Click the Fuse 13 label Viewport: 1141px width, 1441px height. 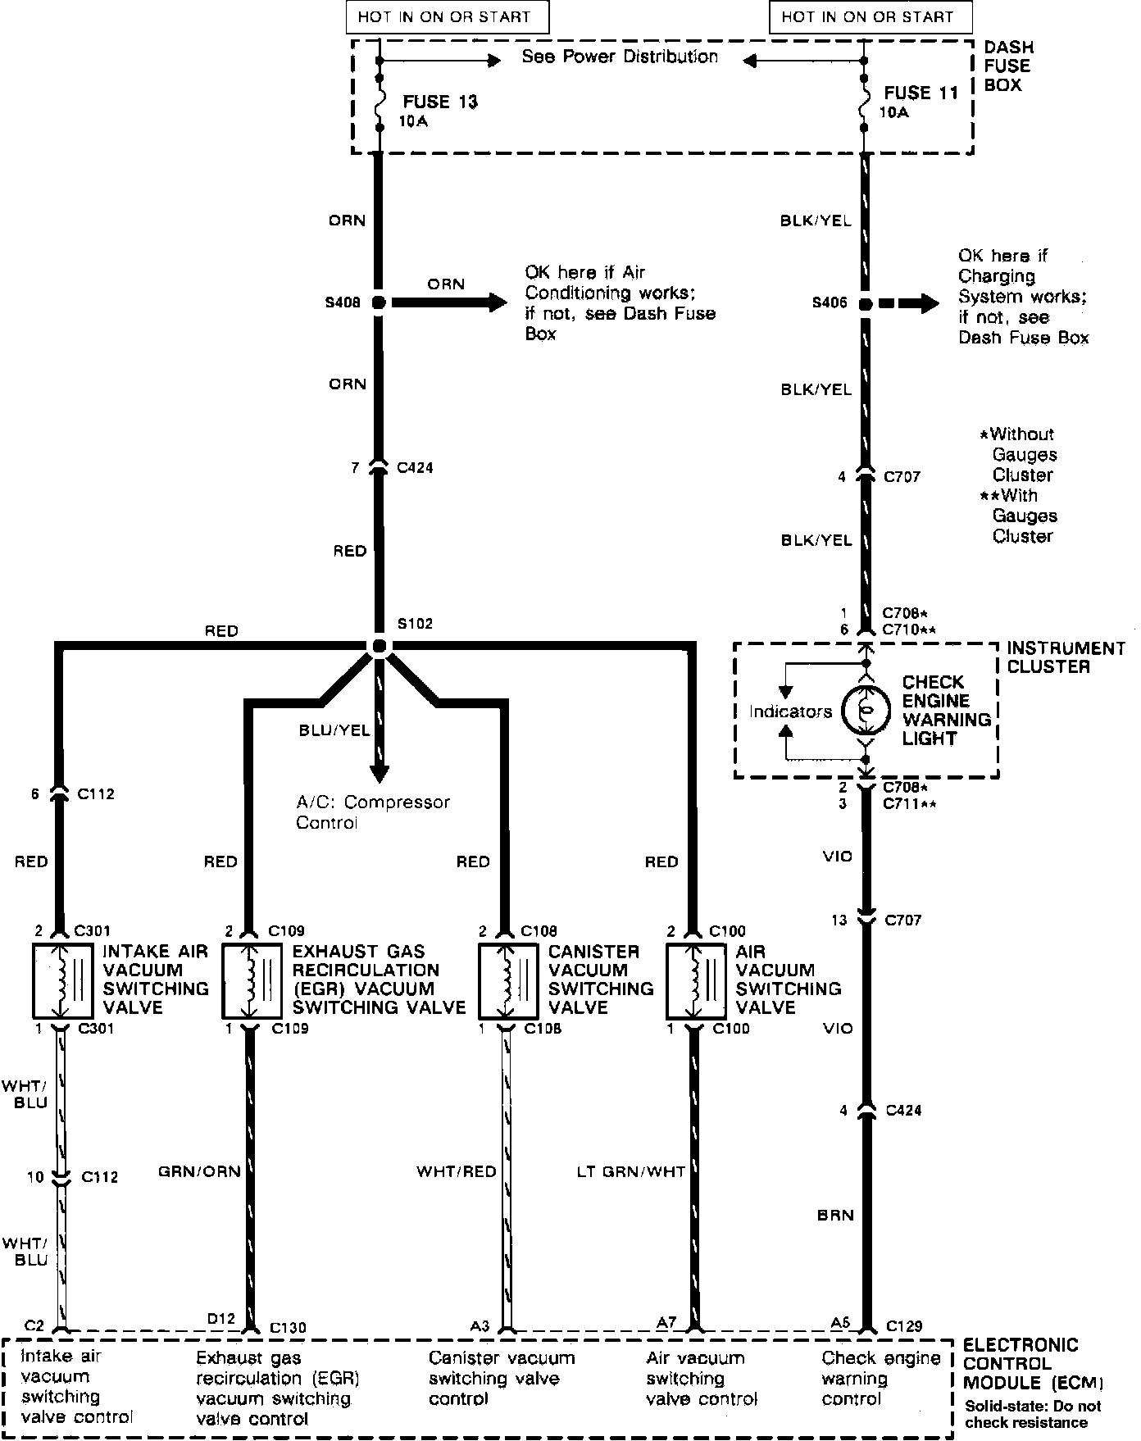point(439,102)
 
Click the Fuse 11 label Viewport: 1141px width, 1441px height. point(921,93)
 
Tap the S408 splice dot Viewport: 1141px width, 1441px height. point(378,302)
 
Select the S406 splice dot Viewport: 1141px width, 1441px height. point(865,304)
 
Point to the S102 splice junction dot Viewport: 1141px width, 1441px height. point(378,646)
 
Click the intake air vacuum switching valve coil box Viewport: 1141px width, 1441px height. point(64,980)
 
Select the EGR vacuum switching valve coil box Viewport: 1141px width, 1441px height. point(252,980)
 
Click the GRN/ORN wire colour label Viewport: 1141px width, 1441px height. point(200,1171)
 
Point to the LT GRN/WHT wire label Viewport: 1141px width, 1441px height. point(630,1171)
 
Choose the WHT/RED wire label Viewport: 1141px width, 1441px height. point(457,1171)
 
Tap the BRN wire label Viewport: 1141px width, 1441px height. point(835,1215)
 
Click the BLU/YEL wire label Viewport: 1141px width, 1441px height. point(334,730)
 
